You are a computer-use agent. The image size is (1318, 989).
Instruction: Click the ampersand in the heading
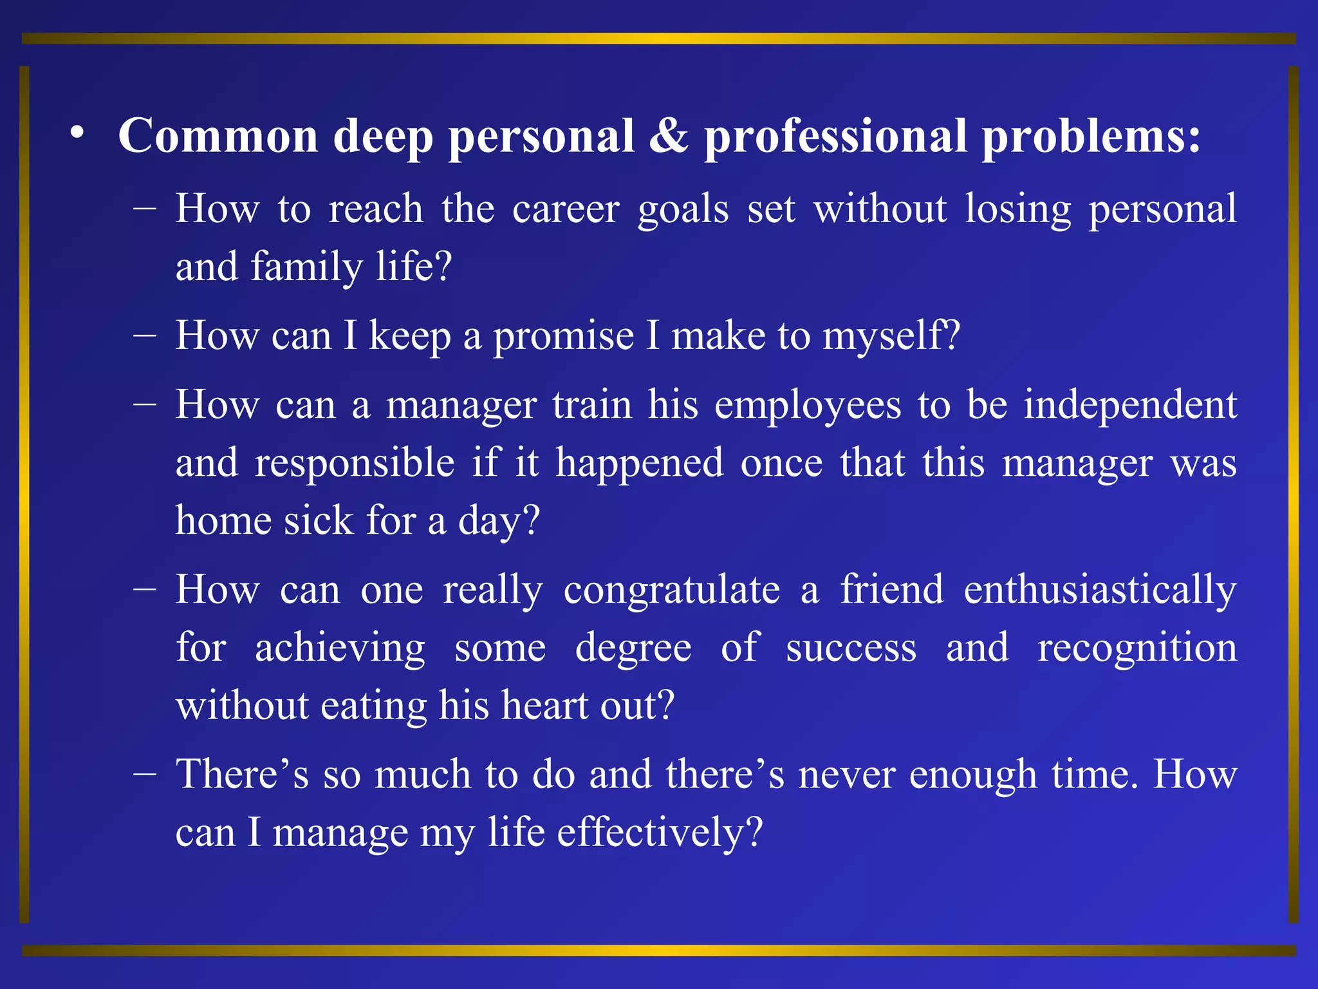(x=669, y=137)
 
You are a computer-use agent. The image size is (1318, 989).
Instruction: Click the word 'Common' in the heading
(x=218, y=137)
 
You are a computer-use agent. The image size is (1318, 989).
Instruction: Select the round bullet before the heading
(x=78, y=133)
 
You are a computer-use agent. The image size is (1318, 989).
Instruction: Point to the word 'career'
(x=566, y=210)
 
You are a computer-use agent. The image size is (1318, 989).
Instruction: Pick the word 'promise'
(x=563, y=337)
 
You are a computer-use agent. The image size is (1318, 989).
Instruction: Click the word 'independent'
(x=1130, y=406)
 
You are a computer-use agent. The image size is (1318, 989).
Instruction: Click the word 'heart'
(x=544, y=706)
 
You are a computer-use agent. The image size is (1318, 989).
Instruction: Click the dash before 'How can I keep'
(x=145, y=336)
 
